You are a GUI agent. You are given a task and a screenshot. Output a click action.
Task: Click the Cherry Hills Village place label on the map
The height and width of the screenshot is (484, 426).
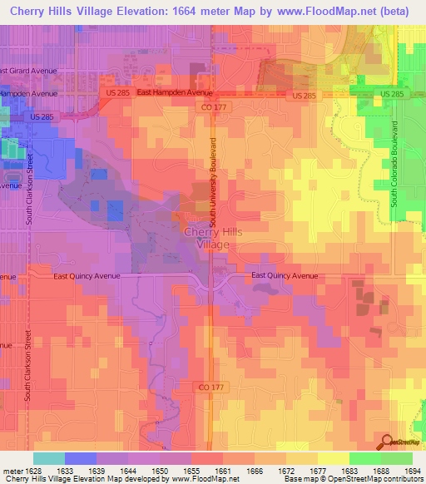[212, 238]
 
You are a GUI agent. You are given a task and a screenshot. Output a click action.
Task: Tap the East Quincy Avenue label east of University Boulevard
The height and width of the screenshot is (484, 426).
[285, 275]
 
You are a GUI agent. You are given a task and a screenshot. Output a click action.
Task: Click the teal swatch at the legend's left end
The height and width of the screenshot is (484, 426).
[48, 458]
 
